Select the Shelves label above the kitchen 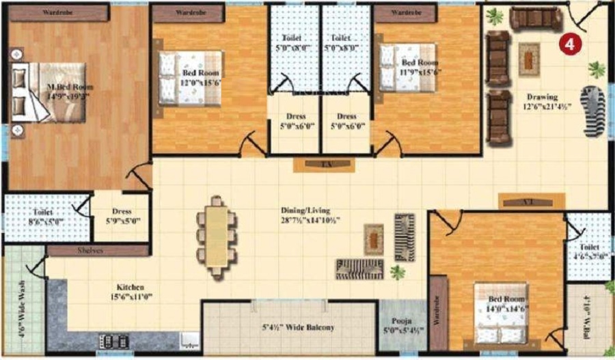(90, 251)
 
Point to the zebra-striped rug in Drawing (592, 111)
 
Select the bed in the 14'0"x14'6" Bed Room (502, 314)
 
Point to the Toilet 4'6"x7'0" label (588, 251)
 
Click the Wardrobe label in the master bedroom (59, 12)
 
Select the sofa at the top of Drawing (536, 18)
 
